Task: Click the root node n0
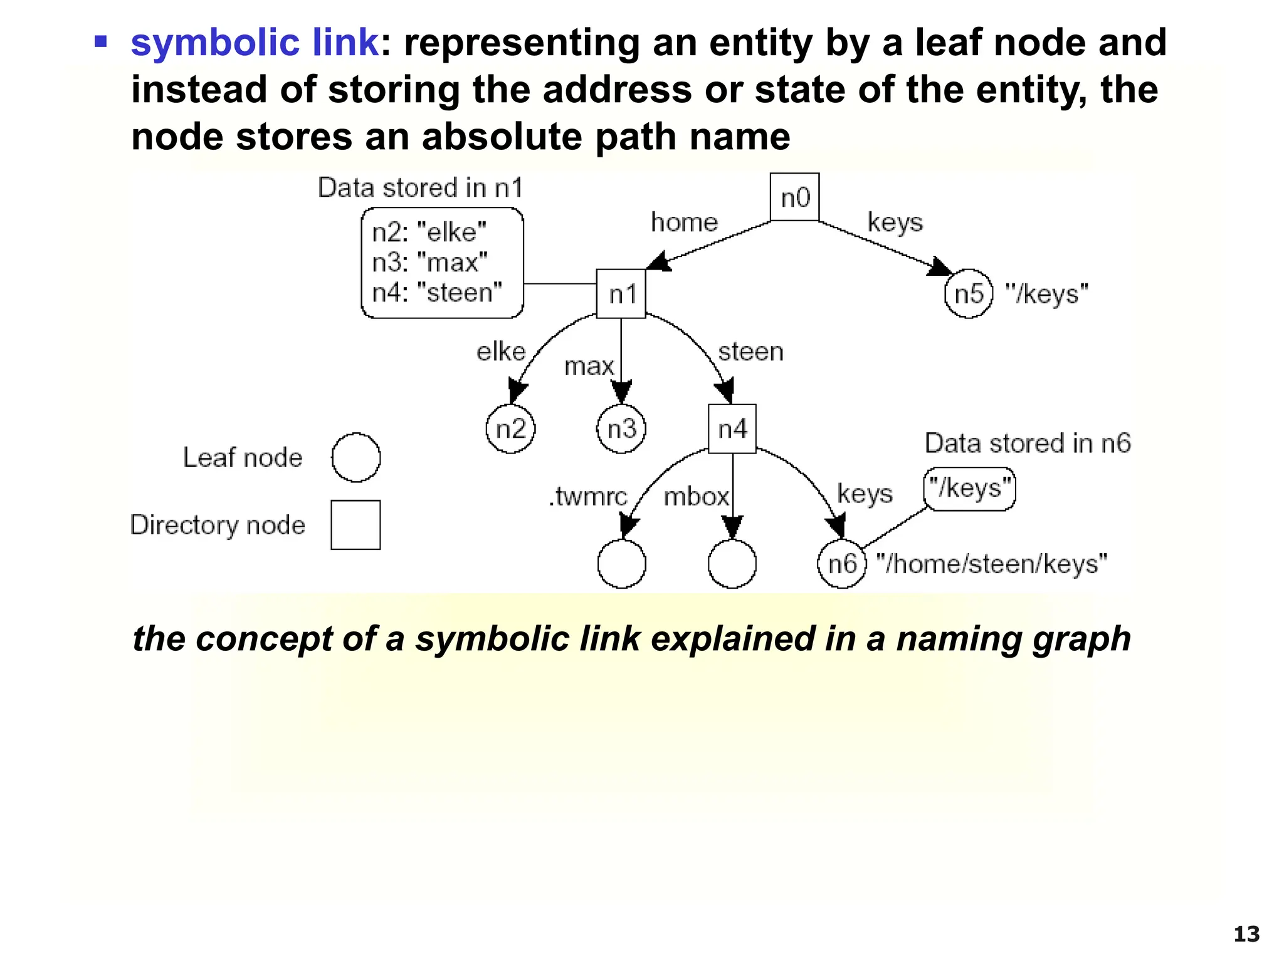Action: [794, 197]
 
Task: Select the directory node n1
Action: [621, 294]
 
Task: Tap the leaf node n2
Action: [510, 429]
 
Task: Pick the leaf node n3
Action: [621, 429]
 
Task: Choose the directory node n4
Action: [732, 429]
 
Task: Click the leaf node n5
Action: [969, 293]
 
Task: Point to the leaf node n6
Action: [842, 564]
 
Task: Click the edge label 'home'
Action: [684, 223]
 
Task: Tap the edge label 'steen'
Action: [750, 352]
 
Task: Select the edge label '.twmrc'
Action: [587, 497]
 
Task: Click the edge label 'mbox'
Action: [696, 497]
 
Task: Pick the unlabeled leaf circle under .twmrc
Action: [621, 564]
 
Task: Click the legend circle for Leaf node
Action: [355, 457]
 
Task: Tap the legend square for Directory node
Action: [355, 525]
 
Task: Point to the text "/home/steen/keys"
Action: [991, 564]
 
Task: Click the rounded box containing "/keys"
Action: [969, 488]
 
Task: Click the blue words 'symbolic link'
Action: [254, 43]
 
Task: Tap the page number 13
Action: [1246, 934]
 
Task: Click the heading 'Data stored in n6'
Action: [1028, 443]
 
